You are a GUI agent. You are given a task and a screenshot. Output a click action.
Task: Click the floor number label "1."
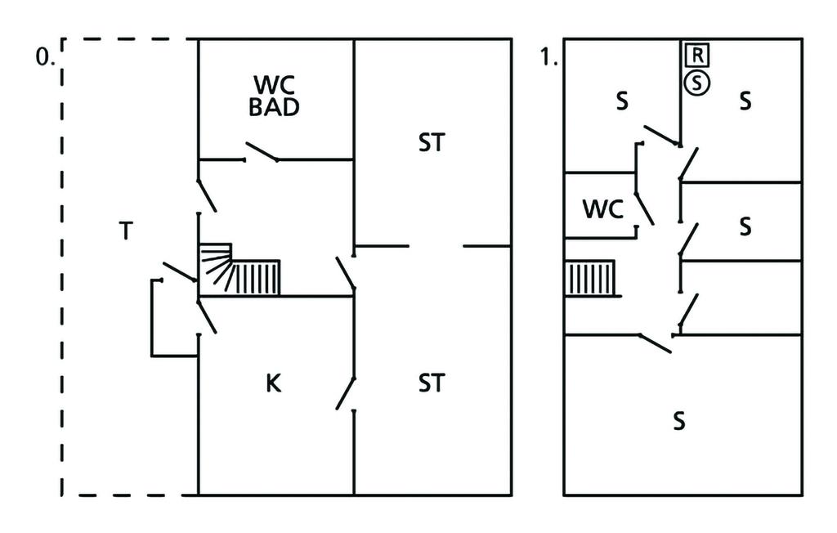[549, 58]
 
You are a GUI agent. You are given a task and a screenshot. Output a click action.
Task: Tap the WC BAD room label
[275, 96]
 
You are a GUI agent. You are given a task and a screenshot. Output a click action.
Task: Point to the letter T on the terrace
[125, 232]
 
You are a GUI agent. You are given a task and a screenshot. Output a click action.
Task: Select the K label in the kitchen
[274, 383]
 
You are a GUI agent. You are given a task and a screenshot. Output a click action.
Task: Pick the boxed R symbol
[696, 56]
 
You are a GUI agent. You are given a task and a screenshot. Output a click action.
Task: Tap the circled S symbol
[696, 82]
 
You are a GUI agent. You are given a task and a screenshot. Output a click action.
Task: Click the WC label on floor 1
[602, 209]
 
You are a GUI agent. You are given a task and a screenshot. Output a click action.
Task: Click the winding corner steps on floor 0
[216, 266]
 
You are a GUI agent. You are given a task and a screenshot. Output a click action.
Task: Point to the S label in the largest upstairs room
[678, 421]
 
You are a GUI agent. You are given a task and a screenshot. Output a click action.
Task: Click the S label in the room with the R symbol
[745, 101]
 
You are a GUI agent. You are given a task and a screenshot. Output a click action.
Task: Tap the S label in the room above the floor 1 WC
[622, 101]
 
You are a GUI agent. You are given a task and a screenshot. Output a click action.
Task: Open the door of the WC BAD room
[262, 153]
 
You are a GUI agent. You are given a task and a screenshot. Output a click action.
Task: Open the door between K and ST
[346, 393]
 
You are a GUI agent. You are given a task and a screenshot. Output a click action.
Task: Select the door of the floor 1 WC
[644, 199]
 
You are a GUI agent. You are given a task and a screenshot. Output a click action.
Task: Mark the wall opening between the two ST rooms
[436, 246]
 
